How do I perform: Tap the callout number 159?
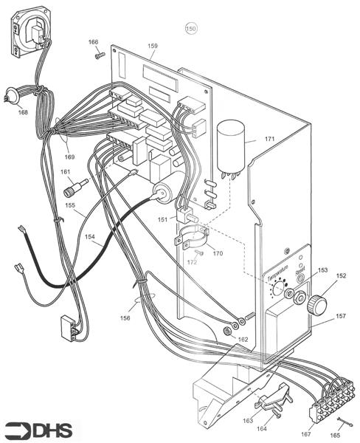pyautogui.click(x=152, y=46)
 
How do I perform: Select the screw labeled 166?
pyautogui.click(x=99, y=56)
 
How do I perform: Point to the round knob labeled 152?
pyautogui.click(x=319, y=303)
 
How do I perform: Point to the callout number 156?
pyautogui.click(x=126, y=318)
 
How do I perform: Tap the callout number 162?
pyautogui.click(x=242, y=339)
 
